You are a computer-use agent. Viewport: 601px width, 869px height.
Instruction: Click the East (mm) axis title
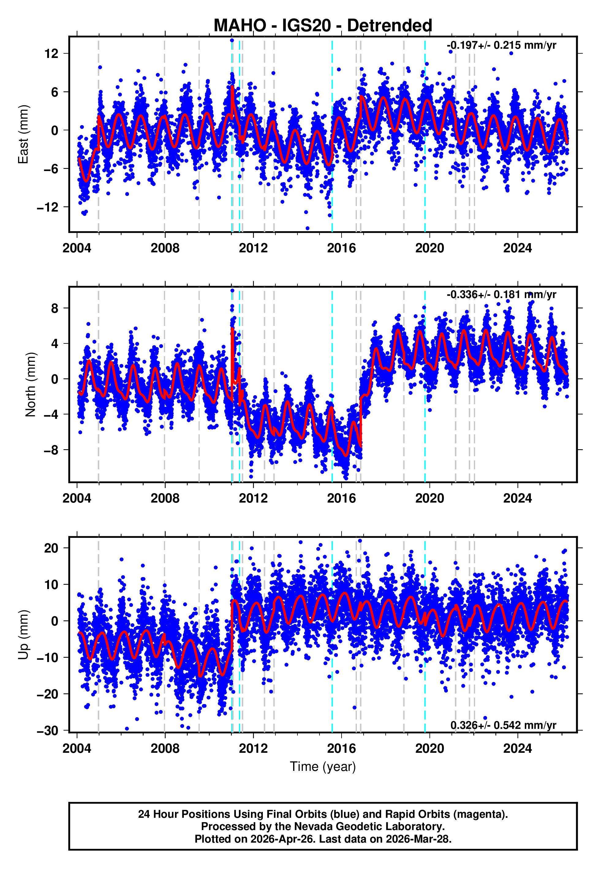coord(23,134)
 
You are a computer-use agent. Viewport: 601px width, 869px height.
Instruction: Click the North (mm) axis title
coord(30,385)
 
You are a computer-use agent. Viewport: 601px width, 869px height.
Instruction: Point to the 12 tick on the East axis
coord(51,54)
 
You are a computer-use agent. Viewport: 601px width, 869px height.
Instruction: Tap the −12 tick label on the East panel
coord(48,207)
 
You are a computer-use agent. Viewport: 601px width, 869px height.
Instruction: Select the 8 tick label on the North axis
coord(55,308)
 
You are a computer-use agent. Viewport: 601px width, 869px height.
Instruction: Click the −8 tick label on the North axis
coord(51,450)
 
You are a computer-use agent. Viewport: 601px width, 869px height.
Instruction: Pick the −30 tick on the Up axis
coord(48,731)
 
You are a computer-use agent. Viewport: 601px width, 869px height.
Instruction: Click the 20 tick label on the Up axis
coord(51,548)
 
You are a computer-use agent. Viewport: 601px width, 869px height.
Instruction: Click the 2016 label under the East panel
coord(341,248)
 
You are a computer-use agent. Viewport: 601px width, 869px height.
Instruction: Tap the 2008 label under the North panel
coord(165,498)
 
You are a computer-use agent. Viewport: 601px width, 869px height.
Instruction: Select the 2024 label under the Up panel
coord(517,748)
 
